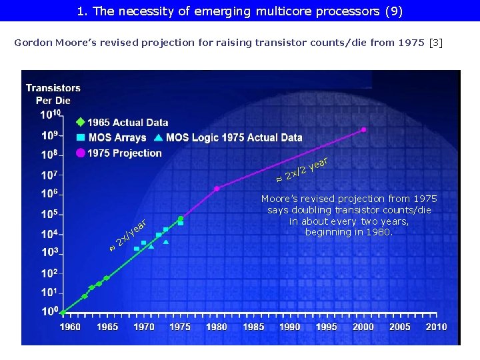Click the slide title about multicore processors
pyautogui.click(x=240, y=11)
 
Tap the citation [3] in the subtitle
pyautogui.click(x=435, y=43)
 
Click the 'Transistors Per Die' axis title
pyautogui.click(x=53, y=94)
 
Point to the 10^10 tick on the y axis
pyautogui.click(x=51, y=115)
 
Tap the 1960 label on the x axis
pyautogui.click(x=70, y=327)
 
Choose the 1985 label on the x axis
pyautogui.click(x=253, y=327)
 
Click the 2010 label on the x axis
pyautogui.click(x=436, y=327)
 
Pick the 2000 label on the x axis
pyautogui.click(x=363, y=327)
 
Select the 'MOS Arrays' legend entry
pyautogui.click(x=117, y=138)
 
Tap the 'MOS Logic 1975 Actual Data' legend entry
pyautogui.click(x=233, y=138)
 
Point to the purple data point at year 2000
pyautogui.click(x=363, y=129)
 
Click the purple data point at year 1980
pyautogui.click(x=217, y=189)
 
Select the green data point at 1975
pyautogui.click(x=181, y=218)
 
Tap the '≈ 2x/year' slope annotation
pyautogui.click(x=128, y=235)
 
